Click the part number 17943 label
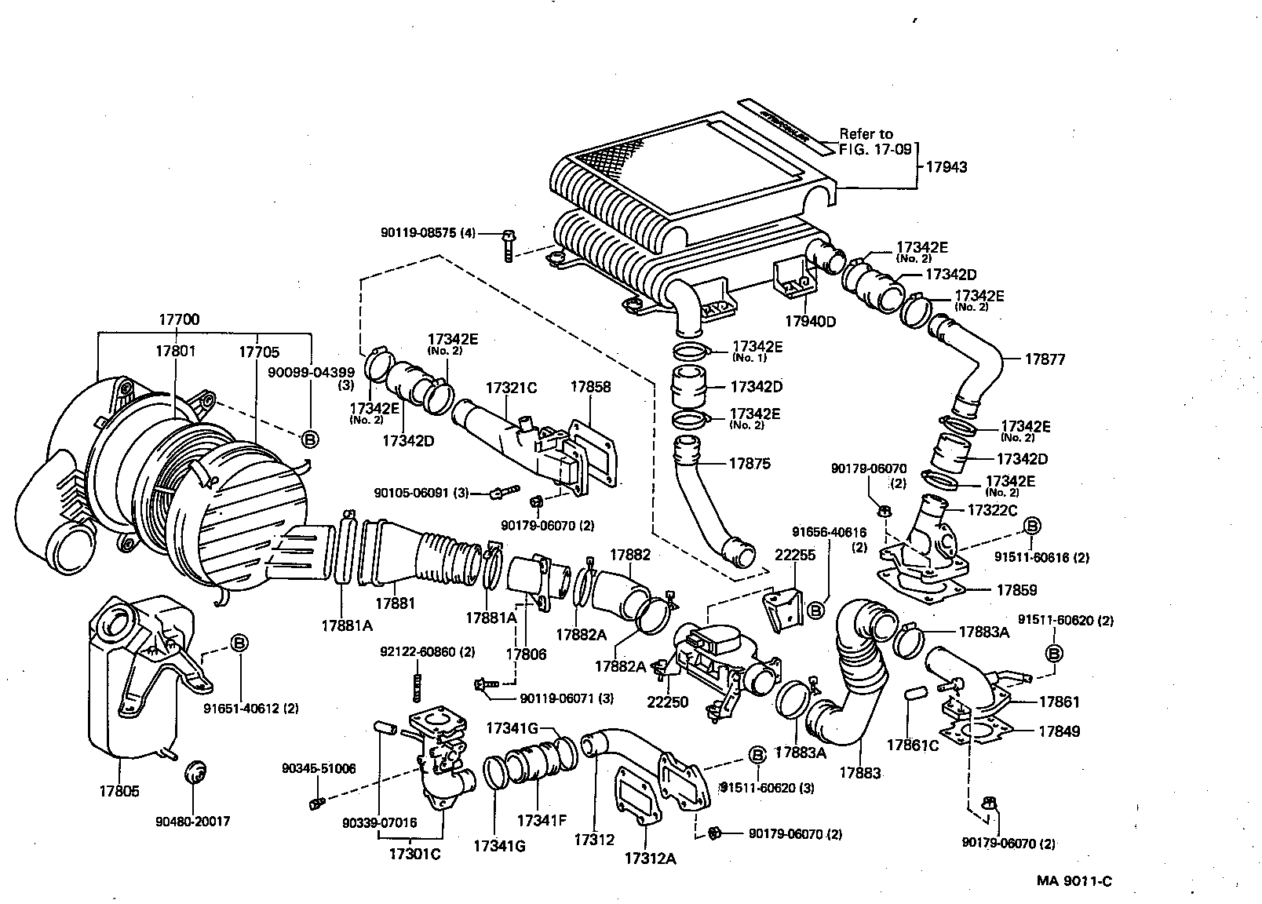946,167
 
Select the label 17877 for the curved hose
1045,359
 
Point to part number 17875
749,464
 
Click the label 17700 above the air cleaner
179,319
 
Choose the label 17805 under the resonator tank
119,792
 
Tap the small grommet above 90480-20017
194,771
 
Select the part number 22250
667,702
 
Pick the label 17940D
811,321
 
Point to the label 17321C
510,388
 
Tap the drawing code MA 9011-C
1073,880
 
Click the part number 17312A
650,858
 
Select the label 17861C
913,745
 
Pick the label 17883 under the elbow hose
859,773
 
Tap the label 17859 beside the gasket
1017,589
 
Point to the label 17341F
541,821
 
